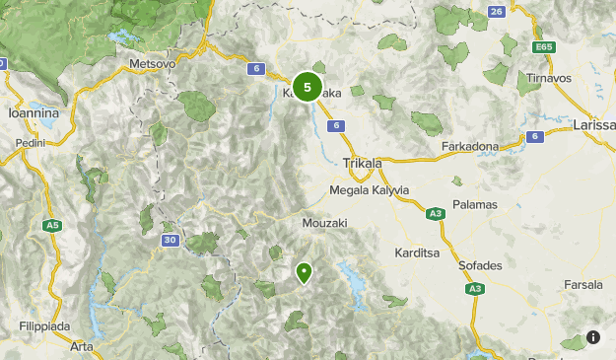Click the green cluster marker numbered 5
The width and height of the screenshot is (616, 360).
(x=308, y=88)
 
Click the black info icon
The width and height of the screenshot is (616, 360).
(x=593, y=337)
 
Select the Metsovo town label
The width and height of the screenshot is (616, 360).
(x=152, y=63)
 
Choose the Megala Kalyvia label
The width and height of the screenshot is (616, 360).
(x=369, y=189)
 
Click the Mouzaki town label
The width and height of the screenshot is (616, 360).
(x=326, y=223)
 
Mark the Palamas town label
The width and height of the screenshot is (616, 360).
(x=475, y=204)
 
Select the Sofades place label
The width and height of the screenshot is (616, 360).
(x=480, y=265)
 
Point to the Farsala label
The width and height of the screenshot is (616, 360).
(x=583, y=285)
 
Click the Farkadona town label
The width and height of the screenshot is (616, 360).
(x=469, y=146)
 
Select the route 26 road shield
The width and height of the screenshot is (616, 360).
(x=496, y=11)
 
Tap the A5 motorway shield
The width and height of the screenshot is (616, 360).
(x=51, y=226)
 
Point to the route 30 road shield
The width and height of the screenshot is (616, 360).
(x=170, y=240)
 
